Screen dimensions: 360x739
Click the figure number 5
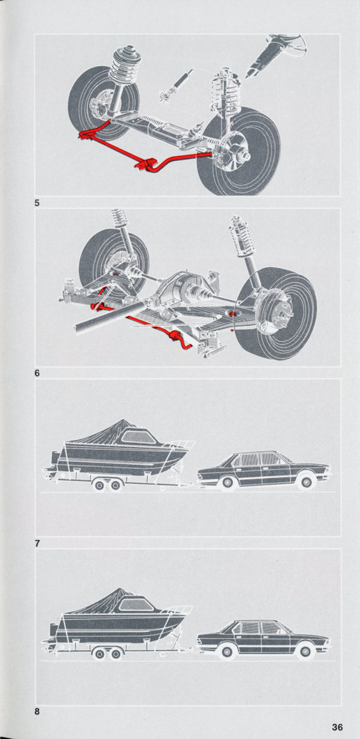[x=37, y=205]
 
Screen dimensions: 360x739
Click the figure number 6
[x=37, y=373]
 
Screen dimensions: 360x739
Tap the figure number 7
[x=37, y=544]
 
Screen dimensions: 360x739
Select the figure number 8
[x=37, y=712]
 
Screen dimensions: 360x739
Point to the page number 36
[x=337, y=727]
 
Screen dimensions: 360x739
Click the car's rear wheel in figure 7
[x=228, y=482]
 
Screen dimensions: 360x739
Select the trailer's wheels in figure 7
[x=107, y=484]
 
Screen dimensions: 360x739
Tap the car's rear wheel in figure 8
[x=228, y=651]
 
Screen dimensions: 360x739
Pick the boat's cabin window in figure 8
[x=136, y=604]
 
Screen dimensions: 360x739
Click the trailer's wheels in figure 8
[x=107, y=653]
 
